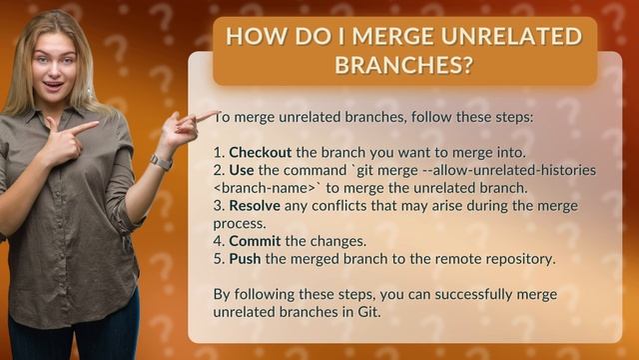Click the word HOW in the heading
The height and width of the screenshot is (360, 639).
[252, 37]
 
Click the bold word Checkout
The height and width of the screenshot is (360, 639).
[261, 152]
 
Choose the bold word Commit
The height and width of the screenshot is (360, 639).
[255, 241]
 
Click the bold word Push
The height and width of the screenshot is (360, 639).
[246, 258]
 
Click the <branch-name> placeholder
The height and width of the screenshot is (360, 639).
[263, 188]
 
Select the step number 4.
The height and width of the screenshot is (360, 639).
[219, 241]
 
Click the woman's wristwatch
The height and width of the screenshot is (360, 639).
[160, 162]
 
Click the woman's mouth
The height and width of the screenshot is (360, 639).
[54, 83]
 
